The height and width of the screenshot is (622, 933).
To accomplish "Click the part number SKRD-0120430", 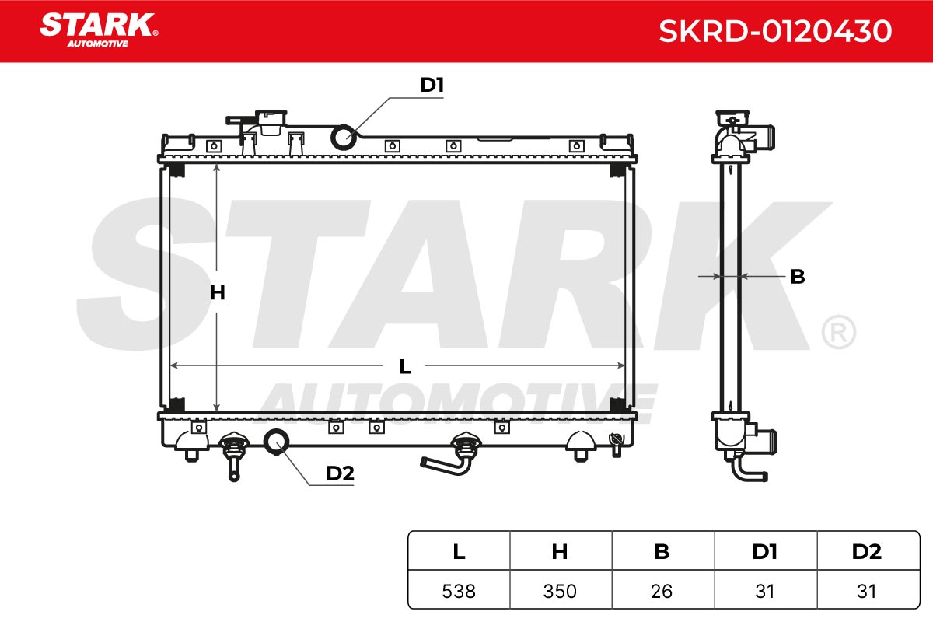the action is [x=775, y=31].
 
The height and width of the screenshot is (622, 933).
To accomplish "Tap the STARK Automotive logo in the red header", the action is [x=99, y=30].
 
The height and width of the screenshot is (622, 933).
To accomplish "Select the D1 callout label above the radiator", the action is [x=432, y=85].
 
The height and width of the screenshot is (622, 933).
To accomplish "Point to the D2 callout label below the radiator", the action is [x=341, y=473].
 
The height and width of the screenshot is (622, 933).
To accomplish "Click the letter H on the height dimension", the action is [x=218, y=292].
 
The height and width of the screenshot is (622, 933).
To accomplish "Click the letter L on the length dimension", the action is [x=404, y=367].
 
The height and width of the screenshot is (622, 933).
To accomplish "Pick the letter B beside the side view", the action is [x=798, y=277].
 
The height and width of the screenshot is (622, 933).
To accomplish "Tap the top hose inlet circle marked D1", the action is [x=344, y=137].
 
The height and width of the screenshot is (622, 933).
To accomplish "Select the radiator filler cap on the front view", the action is [x=271, y=121].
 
